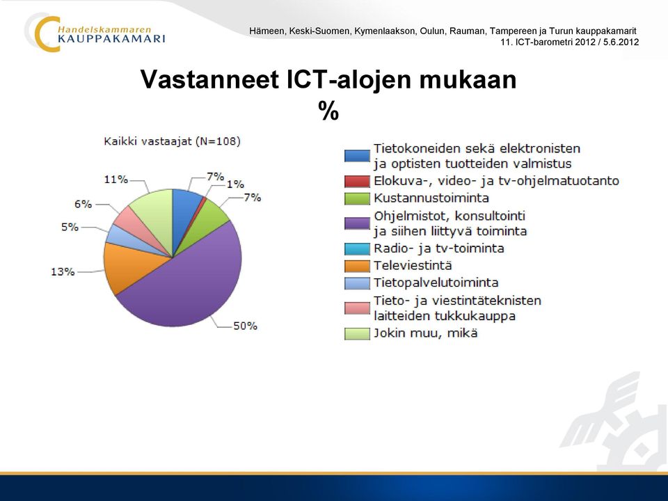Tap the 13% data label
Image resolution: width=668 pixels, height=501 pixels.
[63, 271]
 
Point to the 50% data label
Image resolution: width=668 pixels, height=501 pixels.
[245, 326]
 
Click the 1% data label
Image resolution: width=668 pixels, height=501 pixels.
[235, 184]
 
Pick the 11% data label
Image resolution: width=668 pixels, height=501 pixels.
[116, 180]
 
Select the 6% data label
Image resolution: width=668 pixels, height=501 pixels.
[83, 204]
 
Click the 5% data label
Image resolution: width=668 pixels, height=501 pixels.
[70, 227]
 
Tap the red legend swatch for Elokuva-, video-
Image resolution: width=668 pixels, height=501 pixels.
[357, 182]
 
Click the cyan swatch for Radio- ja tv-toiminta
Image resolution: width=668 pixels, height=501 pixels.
[357, 249]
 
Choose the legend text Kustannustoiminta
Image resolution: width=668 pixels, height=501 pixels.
[431, 198]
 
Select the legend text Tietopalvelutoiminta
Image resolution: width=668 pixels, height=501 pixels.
[436, 283]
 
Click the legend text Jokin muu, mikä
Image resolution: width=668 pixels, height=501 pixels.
[426, 333]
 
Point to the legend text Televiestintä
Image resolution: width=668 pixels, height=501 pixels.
[413, 265]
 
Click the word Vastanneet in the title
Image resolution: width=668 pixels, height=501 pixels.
[209, 79]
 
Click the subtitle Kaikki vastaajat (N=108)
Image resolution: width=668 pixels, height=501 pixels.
[172, 141]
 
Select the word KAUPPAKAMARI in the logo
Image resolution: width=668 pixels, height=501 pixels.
[111, 39]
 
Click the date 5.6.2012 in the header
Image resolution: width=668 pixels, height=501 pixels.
[621, 42]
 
